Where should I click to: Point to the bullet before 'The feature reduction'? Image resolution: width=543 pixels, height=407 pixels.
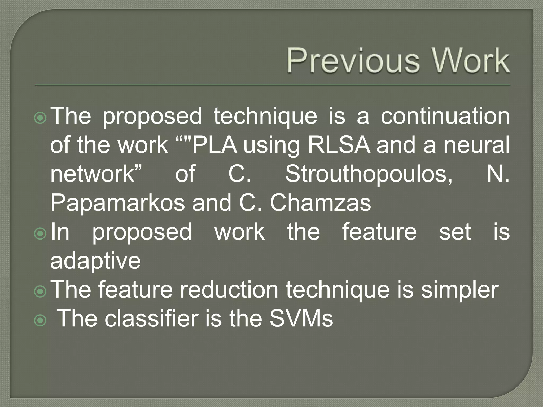[x=40, y=291]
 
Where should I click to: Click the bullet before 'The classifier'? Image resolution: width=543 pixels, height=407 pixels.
[x=40, y=320]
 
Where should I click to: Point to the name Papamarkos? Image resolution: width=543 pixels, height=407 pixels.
[x=117, y=203]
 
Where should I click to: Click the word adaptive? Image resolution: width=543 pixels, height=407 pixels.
[x=95, y=261]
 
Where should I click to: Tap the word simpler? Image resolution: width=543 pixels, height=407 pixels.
[x=460, y=291]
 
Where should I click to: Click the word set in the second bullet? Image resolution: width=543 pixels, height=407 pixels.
[x=455, y=232]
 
